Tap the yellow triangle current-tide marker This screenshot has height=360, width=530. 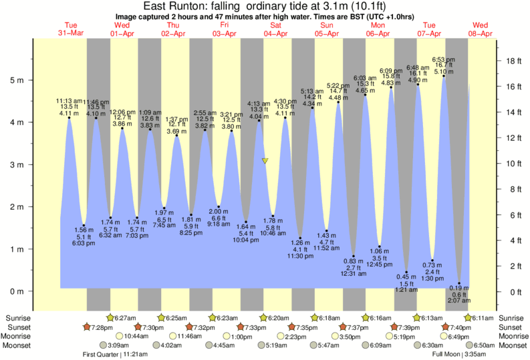[x=265, y=161]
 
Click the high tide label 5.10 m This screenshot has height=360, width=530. [x=444, y=71]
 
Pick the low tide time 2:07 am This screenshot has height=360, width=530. [x=458, y=301]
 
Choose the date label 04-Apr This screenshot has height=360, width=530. [x=275, y=33]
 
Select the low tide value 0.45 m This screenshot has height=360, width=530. [x=407, y=277]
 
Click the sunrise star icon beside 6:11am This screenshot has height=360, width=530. [x=469, y=317]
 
